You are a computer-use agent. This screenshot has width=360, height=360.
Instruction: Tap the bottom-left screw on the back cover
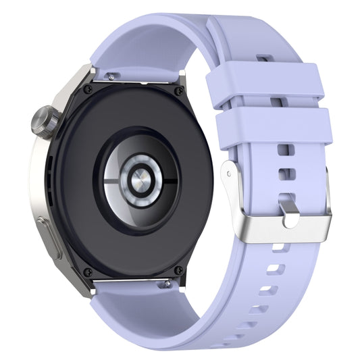pos(87,272)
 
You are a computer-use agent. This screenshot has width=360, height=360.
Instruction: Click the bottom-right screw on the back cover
pos(178,270)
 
